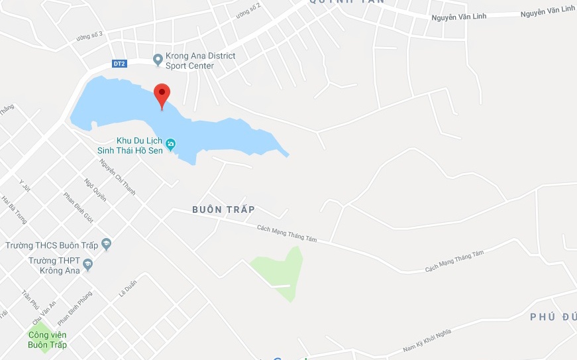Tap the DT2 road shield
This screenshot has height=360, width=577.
point(119,64)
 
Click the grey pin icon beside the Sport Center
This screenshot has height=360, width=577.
point(158,60)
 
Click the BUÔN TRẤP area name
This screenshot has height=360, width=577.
point(223,210)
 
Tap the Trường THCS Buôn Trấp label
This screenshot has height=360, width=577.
point(52,245)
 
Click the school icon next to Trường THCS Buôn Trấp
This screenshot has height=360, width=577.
point(106,245)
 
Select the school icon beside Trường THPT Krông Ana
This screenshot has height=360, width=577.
point(87,265)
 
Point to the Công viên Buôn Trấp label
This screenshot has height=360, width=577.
point(47,340)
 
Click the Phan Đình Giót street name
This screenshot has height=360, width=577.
point(78,207)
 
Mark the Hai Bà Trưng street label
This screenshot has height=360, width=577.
point(13,210)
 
